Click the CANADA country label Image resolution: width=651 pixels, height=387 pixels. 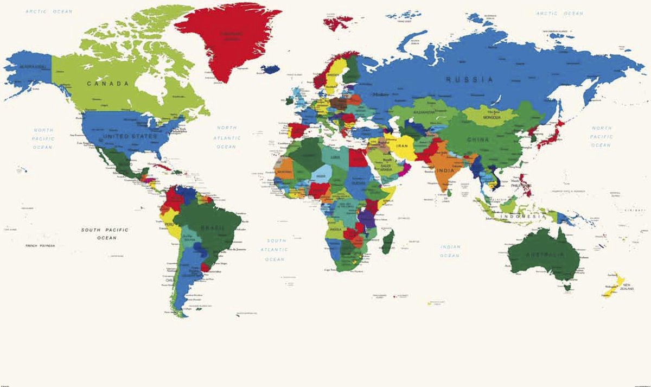click(x=107, y=84)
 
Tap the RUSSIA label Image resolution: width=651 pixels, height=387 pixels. click(x=470, y=79)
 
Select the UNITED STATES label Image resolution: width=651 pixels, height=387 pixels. click(x=130, y=136)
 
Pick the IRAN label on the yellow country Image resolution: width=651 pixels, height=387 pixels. click(x=402, y=146)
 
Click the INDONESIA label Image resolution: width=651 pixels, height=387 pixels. click(x=522, y=217)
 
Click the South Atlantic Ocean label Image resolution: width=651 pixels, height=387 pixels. click(x=275, y=250)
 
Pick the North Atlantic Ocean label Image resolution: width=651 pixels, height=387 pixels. click(x=227, y=137)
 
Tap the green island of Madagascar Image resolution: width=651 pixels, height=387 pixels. click(x=387, y=242)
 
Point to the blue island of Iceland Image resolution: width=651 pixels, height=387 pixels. click(x=270, y=69)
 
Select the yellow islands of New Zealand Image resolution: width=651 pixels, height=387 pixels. click(x=612, y=285)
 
